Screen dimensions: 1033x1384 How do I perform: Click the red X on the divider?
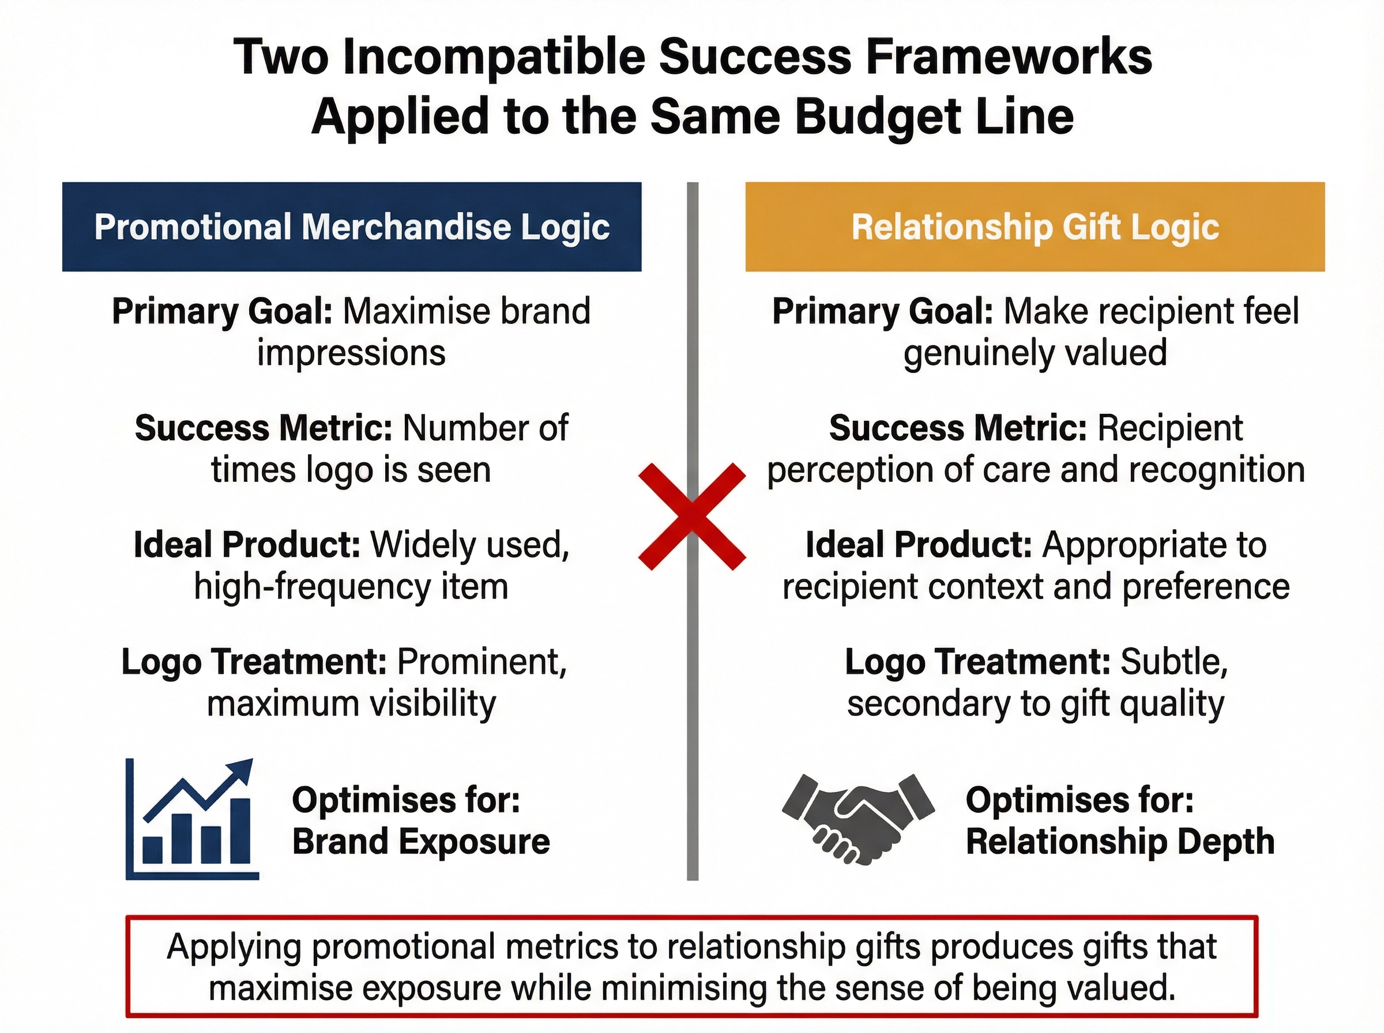pyautogui.click(x=691, y=516)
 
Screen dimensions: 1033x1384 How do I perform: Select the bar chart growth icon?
pyautogui.click(x=193, y=820)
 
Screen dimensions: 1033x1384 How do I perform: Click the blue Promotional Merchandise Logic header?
pyautogui.click(x=351, y=227)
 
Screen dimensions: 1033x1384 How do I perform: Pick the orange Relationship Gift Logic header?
pyautogui.click(x=1035, y=227)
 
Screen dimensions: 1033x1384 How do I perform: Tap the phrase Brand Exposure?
pyautogui.click(x=421, y=841)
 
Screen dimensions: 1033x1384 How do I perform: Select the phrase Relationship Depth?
pyautogui.click(x=1119, y=841)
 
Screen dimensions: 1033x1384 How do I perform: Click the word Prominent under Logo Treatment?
pyautogui.click(x=482, y=662)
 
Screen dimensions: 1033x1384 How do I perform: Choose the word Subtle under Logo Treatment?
pyautogui.click(x=1174, y=662)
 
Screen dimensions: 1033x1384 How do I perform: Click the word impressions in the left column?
pyautogui.click(x=351, y=353)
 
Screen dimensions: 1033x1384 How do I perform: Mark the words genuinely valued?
pyautogui.click(x=1035, y=353)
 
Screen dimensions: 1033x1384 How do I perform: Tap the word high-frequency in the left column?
pyautogui.click(x=312, y=587)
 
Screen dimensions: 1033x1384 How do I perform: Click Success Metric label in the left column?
pyautogui.click(x=264, y=428)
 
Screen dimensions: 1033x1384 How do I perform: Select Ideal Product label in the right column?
pyautogui.click(x=918, y=545)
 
